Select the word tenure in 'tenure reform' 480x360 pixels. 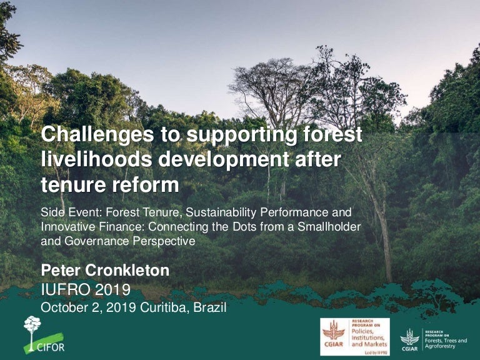click(69, 185)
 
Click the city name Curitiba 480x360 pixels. click(166, 307)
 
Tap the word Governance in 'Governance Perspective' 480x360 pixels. click(92, 240)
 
